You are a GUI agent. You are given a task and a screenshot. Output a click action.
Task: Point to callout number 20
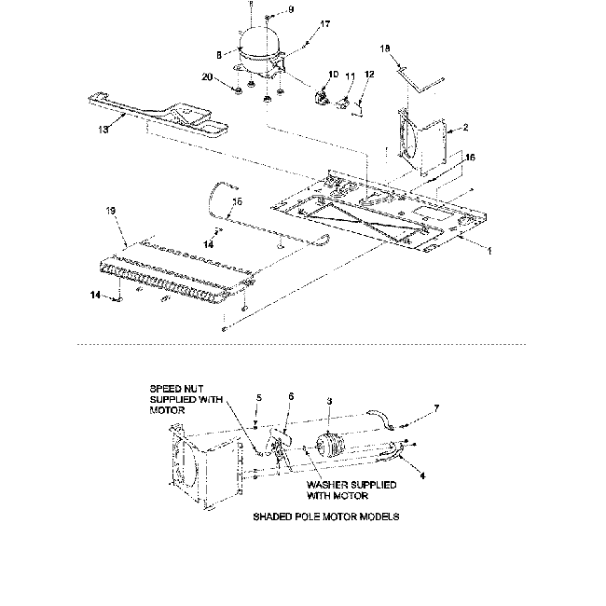pyautogui.click(x=207, y=77)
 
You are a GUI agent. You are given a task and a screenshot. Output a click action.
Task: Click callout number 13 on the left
pyautogui.click(x=104, y=130)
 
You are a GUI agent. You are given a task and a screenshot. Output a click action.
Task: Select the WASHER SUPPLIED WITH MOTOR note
pyautogui.click(x=350, y=490)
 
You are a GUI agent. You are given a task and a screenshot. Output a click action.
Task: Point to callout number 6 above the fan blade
pyautogui.click(x=290, y=396)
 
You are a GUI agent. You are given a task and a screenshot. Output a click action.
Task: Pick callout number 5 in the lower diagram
pyautogui.click(x=258, y=397)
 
